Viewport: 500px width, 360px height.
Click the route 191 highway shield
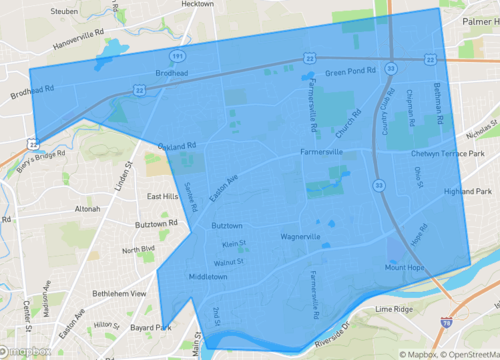[176, 59]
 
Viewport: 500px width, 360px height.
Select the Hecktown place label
[200, 5]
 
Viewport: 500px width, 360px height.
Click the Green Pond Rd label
[349, 72]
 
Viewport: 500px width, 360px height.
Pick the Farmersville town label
[321, 153]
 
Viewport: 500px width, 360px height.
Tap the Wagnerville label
[300, 237]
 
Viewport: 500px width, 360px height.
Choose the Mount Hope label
[405, 267]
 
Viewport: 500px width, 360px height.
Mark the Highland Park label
[468, 190]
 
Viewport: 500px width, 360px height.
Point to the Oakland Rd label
[177, 146]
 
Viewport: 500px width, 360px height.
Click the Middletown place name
[208, 276]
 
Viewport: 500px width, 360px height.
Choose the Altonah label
[87, 209]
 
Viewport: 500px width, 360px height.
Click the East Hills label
[163, 197]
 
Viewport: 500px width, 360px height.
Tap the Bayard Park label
[151, 327]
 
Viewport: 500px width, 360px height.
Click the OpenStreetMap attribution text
[464, 353]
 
